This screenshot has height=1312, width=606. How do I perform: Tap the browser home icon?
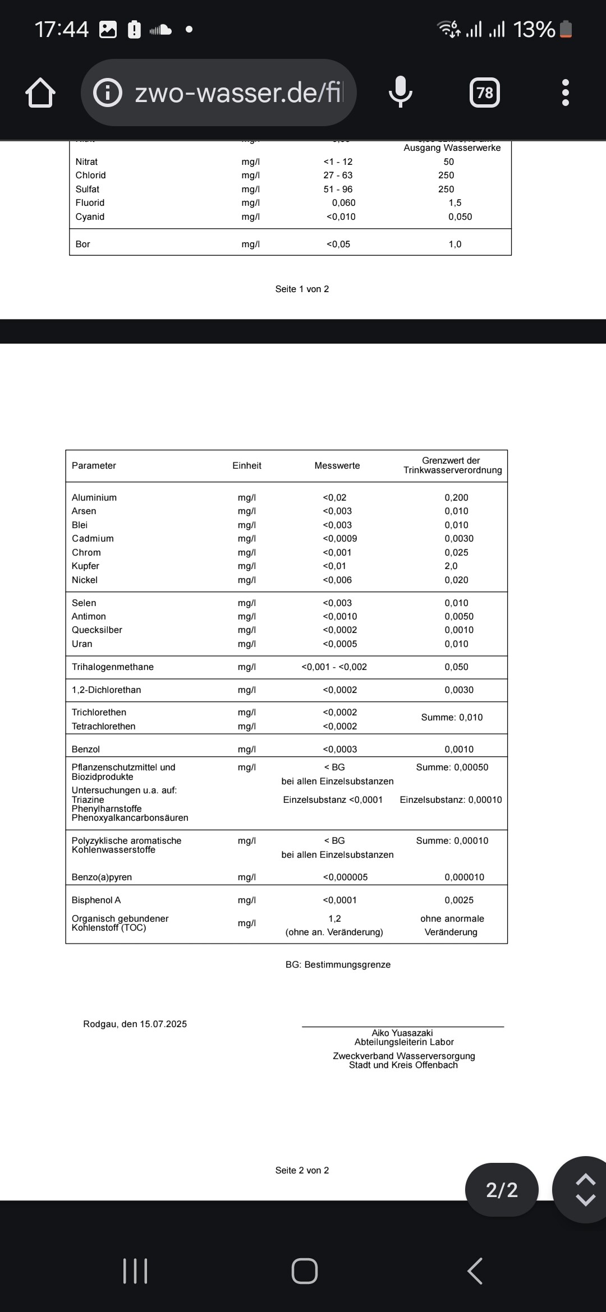click(40, 93)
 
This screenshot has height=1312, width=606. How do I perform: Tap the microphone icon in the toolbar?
click(401, 92)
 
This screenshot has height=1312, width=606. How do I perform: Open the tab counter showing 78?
click(484, 93)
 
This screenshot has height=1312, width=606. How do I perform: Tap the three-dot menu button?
click(565, 93)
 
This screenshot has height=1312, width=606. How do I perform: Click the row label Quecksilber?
click(97, 630)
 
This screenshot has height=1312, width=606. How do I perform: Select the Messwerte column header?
click(337, 465)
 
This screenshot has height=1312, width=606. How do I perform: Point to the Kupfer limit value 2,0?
click(451, 566)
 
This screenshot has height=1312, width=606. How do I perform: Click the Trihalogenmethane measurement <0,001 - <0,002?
click(334, 667)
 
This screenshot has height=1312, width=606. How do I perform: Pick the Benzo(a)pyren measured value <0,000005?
click(345, 877)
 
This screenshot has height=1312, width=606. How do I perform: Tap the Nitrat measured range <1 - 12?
click(338, 161)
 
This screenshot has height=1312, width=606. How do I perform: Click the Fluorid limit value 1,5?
click(455, 202)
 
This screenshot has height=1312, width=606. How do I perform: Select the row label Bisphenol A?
click(96, 900)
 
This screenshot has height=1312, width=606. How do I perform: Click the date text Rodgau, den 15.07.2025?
click(135, 1024)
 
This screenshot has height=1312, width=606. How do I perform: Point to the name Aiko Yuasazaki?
click(402, 1033)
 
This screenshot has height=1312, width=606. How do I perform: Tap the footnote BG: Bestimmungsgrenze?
click(338, 964)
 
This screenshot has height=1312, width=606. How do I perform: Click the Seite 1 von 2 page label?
click(302, 289)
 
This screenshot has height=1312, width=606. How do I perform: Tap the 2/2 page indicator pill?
click(502, 1190)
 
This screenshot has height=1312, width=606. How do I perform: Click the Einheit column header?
click(247, 465)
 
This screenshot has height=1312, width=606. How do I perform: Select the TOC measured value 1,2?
click(334, 918)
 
